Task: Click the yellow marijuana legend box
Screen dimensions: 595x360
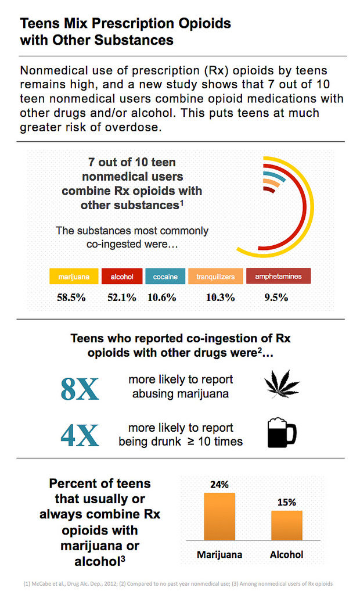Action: point(74,277)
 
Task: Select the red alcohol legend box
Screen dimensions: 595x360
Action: point(122,277)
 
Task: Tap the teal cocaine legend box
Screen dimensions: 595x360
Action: point(165,277)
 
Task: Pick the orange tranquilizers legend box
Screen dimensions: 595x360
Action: point(215,277)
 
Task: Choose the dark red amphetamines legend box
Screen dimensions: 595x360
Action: point(278,276)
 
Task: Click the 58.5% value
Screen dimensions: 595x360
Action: point(71,297)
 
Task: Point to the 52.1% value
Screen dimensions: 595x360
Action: point(122,297)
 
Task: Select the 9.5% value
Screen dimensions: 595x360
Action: point(276,297)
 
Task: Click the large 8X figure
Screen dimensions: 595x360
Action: point(80,389)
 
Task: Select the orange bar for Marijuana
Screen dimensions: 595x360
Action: point(219,517)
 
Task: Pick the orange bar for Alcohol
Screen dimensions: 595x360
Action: point(286,526)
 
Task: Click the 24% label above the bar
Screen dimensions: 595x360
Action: point(219,484)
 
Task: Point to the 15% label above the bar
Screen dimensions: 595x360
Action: point(286,502)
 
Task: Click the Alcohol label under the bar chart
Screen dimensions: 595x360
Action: point(286,554)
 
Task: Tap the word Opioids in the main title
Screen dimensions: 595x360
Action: point(201,24)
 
